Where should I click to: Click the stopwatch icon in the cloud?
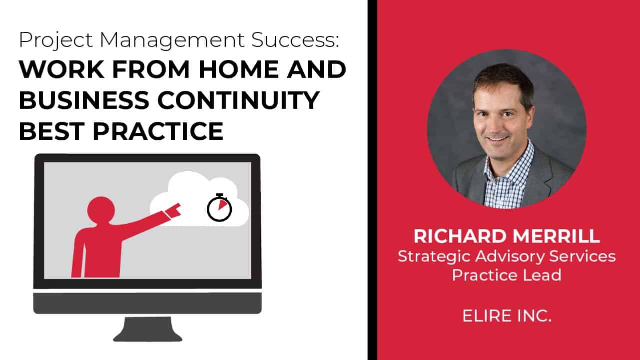tap(220, 207)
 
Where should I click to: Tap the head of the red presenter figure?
tap(101, 209)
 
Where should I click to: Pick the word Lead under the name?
tap(545, 275)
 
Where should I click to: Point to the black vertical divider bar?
tap(372, 180)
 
